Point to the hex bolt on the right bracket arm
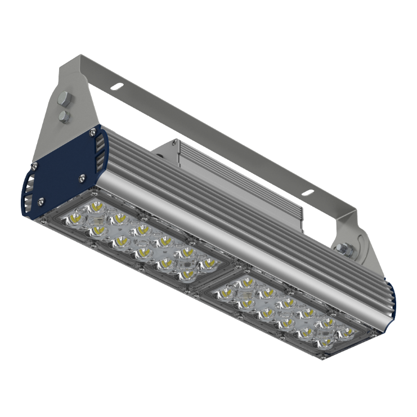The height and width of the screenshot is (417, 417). tap(346, 248)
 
